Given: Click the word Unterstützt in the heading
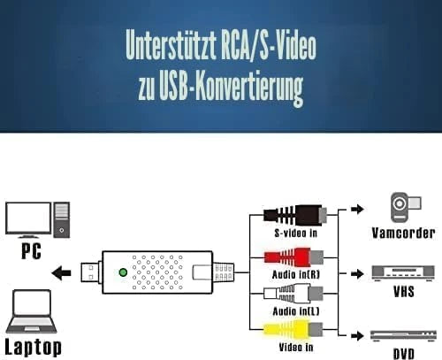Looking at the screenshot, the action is (x=171, y=45).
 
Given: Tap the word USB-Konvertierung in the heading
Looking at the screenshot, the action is (x=231, y=87).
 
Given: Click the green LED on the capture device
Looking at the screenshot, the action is (x=123, y=272).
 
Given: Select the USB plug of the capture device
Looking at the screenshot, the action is (x=91, y=272).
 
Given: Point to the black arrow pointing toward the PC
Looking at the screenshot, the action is (x=61, y=272).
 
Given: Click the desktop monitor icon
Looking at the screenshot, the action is (x=28, y=219).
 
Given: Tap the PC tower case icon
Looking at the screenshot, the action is (x=62, y=219).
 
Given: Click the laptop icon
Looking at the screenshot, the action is (x=32, y=311).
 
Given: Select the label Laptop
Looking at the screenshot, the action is (x=34, y=348).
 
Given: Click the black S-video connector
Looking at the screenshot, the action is (x=295, y=215).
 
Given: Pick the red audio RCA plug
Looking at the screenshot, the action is (x=293, y=257).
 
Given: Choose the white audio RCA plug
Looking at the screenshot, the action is (x=293, y=294).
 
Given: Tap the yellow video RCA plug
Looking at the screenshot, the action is (x=293, y=329).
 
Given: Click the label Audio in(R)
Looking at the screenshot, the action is (x=296, y=275).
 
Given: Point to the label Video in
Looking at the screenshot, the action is (x=296, y=348).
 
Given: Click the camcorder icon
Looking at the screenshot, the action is (x=406, y=207).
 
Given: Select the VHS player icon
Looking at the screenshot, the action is (x=403, y=273).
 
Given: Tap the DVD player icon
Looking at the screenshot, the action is (x=403, y=336).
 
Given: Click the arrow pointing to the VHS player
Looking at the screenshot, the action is (x=358, y=274).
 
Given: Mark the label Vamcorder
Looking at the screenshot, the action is (x=403, y=233).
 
